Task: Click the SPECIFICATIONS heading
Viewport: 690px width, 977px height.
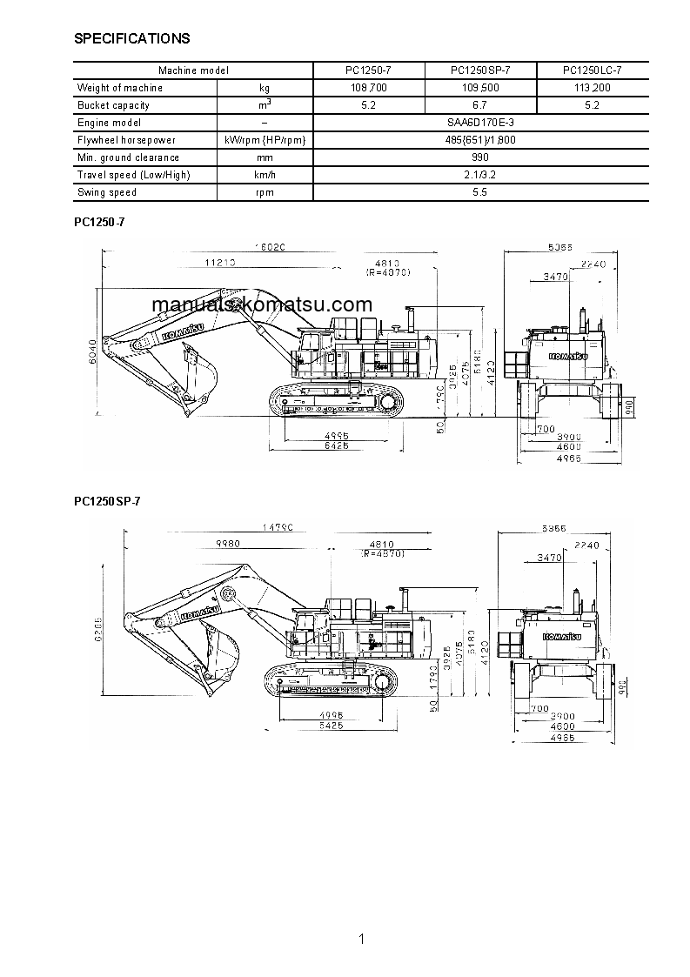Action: (132, 38)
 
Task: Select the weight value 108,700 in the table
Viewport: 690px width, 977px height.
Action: (369, 88)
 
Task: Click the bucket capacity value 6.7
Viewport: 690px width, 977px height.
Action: (480, 105)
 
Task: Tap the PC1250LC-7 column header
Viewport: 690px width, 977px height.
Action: (593, 70)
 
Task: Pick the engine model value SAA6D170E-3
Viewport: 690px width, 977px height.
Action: (479, 123)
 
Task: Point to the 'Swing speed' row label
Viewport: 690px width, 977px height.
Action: (107, 192)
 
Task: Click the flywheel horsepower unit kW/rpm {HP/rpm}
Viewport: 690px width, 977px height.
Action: (265, 140)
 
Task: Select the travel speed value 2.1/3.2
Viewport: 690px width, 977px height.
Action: (479, 175)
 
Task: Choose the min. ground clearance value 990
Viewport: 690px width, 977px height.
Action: (479, 157)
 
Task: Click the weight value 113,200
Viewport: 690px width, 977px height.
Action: (593, 88)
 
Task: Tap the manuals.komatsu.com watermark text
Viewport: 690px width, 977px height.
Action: (262, 304)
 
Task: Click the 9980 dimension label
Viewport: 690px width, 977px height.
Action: (226, 543)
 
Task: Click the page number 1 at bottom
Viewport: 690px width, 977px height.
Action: (360, 939)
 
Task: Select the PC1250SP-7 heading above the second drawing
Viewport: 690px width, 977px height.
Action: (107, 501)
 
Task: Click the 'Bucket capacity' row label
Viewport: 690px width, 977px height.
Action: (113, 105)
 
